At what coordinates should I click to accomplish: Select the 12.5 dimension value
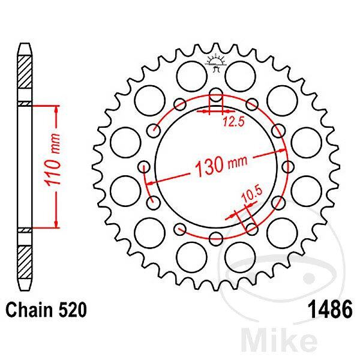pos(234,122)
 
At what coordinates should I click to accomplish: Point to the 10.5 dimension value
pos(251,194)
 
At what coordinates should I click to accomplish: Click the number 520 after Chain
pos(73,310)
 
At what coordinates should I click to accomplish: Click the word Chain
pos(29,310)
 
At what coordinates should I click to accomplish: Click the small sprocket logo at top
pos(216,62)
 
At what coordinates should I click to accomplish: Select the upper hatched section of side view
pos(25,72)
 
